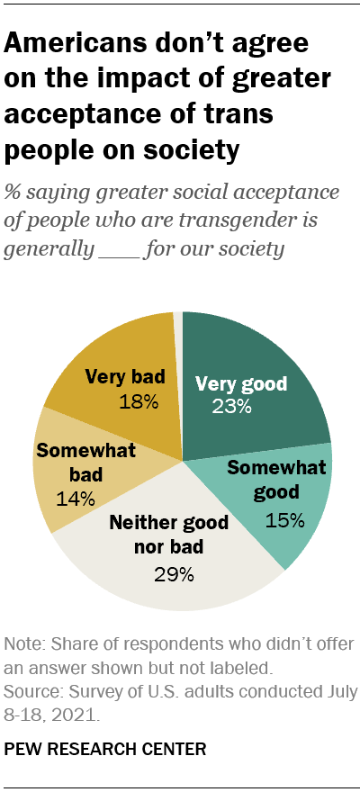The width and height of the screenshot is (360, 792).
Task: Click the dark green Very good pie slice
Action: point(261,360)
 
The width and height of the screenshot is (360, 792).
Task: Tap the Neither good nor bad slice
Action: point(171,576)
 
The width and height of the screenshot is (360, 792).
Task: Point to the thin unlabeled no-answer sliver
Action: point(178,342)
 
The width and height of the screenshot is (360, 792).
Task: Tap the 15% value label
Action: point(284,519)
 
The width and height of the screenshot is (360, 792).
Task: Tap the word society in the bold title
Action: point(190,150)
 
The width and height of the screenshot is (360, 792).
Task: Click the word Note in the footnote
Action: point(22,644)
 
